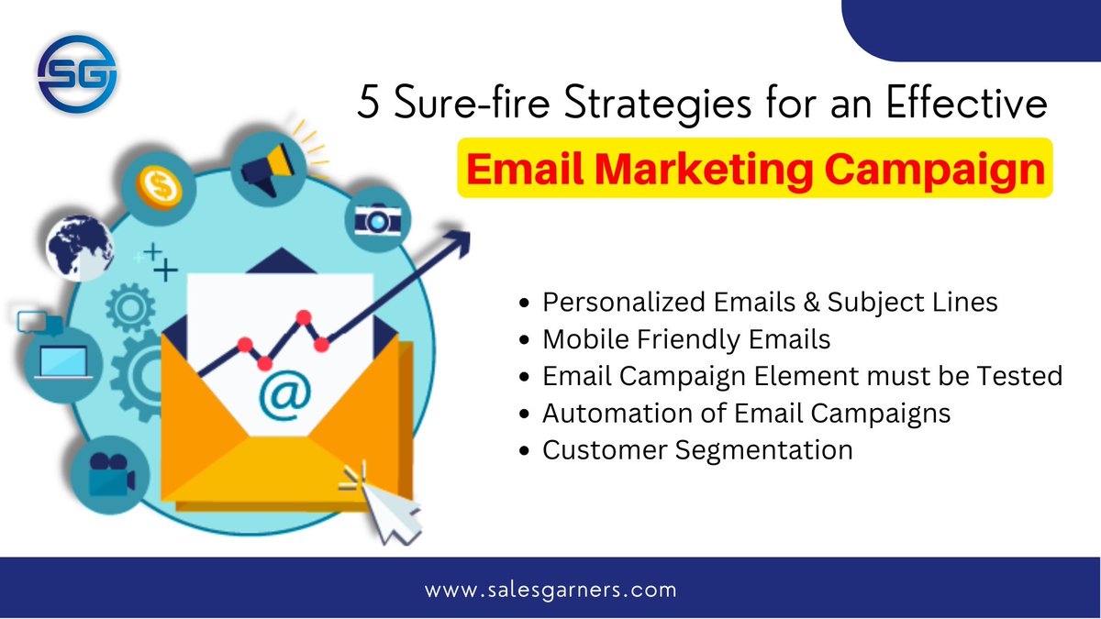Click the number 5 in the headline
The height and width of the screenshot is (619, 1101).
(x=369, y=105)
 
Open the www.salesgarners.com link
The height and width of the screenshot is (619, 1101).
(x=550, y=590)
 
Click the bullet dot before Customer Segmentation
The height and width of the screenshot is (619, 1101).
(x=524, y=451)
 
